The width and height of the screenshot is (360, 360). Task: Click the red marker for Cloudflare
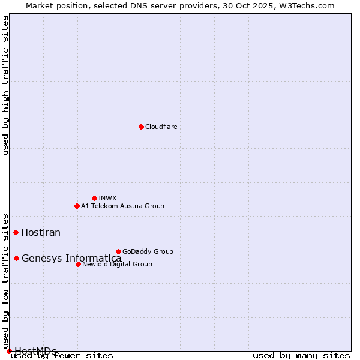click(x=141, y=127)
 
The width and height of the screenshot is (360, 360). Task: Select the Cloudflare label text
click(x=161, y=127)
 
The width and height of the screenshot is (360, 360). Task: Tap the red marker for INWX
click(x=94, y=198)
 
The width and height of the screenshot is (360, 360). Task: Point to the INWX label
click(x=107, y=198)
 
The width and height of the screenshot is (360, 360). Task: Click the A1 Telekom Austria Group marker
click(x=77, y=206)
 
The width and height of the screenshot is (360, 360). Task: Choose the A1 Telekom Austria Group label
click(x=122, y=206)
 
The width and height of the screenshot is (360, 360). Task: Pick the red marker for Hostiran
click(x=16, y=232)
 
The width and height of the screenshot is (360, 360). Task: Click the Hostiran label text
click(x=41, y=232)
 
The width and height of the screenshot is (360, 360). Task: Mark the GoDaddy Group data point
click(x=118, y=251)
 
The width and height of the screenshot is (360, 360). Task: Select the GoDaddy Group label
click(x=148, y=251)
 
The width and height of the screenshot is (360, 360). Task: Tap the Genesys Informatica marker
click(x=16, y=258)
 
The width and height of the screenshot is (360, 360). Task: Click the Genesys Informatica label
click(x=71, y=259)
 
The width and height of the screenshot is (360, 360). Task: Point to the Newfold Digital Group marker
click(x=78, y=264)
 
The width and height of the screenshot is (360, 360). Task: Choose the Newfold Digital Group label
click(x=117, y=264)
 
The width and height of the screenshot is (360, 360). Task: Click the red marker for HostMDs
click(x=9, y=351)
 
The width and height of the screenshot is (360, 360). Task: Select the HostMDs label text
click(x=35, y=351)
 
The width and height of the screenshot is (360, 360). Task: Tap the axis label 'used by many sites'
click(x=301, y=356)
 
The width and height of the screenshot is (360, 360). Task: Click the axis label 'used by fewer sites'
click(x=62, y=356)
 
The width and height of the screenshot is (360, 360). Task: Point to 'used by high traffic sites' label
click(x=5, y=85)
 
